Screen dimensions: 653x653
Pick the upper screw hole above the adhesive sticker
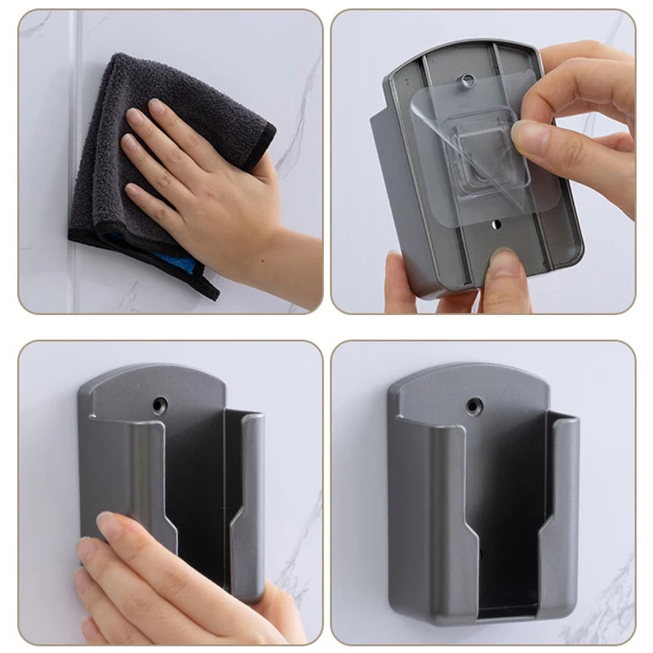468,80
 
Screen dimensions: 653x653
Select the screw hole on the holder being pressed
159,404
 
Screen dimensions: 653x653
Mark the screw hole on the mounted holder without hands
473,404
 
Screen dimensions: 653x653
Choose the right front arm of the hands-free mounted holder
563,506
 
